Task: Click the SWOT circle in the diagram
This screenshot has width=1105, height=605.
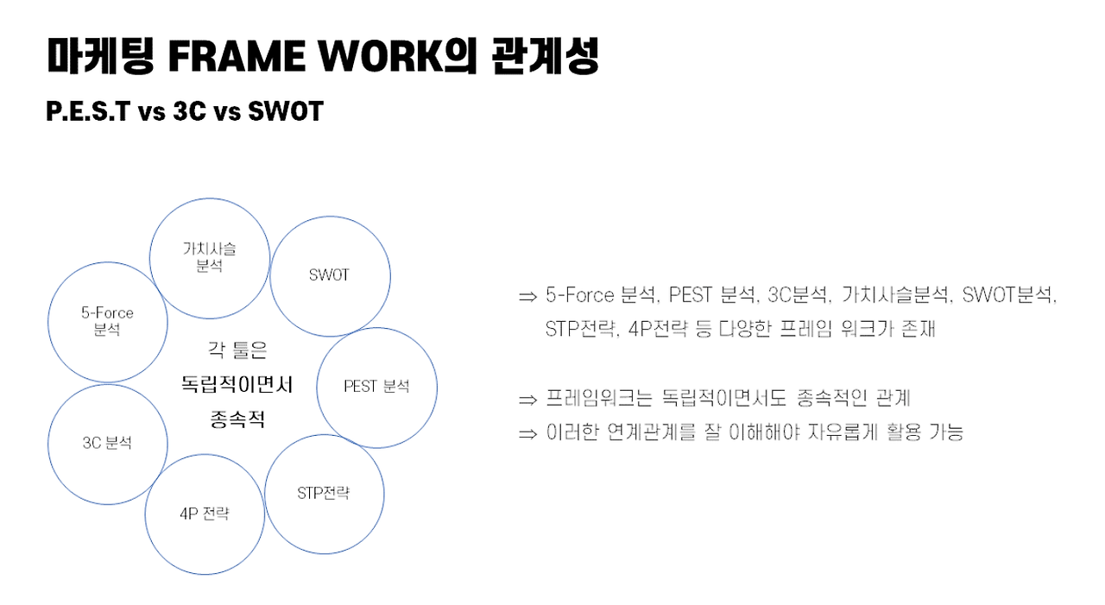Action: [330, 276]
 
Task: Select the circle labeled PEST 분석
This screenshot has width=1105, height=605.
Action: [377, 387]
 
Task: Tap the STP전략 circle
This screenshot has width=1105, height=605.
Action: [324, 494]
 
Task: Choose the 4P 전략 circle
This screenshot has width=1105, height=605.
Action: [205, 514]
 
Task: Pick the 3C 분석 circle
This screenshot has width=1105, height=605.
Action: [107, 444]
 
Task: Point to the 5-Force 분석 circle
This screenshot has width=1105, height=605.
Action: [108, 321]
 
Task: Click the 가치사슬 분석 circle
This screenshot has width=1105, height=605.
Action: [210, 257]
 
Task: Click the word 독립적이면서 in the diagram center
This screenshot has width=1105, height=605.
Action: [237, 385]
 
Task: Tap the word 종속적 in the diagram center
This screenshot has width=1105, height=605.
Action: [237, 420]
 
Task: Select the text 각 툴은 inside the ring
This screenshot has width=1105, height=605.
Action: [237, 350]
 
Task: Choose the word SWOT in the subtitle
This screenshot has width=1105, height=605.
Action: [284, 111]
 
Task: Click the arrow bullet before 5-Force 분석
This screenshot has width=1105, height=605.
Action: [527, 297]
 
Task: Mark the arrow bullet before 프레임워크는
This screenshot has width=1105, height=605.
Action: [527, 400]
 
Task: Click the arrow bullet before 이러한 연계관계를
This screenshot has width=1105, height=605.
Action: [527, 433]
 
